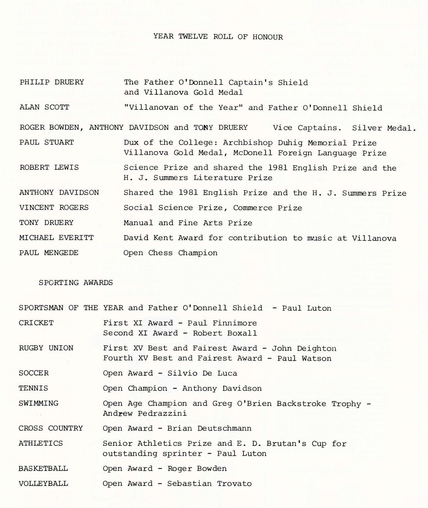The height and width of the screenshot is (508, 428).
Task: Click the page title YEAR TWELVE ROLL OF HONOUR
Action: [218, 37]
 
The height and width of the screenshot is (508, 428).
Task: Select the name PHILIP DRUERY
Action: [52, 82]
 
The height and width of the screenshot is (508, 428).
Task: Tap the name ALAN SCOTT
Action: [44, 107]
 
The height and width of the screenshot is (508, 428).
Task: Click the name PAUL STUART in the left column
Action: [47, 143]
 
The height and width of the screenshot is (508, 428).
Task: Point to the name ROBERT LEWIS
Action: [49, 167]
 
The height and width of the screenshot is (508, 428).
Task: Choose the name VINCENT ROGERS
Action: [54, 208]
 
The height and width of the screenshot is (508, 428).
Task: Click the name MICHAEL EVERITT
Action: [57, 238]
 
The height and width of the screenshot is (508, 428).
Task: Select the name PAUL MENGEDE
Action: [49, 253]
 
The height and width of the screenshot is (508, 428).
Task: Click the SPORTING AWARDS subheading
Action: [76, 283]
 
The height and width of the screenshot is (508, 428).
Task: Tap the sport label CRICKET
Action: [36, 323]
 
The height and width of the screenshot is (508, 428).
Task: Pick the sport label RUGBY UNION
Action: [46, 348]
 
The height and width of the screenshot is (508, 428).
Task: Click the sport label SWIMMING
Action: [39, 403]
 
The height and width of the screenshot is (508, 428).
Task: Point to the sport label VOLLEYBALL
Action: [43, 484]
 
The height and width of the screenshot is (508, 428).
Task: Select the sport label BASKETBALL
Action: [43, 469]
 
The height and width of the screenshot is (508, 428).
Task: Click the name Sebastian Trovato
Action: [209, 484]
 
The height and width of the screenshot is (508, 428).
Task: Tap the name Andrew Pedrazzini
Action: [145, 413]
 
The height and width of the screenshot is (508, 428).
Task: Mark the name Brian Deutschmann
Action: [209, 428]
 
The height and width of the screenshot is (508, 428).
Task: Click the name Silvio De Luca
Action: [202, 373]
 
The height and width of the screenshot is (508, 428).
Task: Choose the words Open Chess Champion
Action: [170, 253]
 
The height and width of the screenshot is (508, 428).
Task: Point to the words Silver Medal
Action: [384, 128]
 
